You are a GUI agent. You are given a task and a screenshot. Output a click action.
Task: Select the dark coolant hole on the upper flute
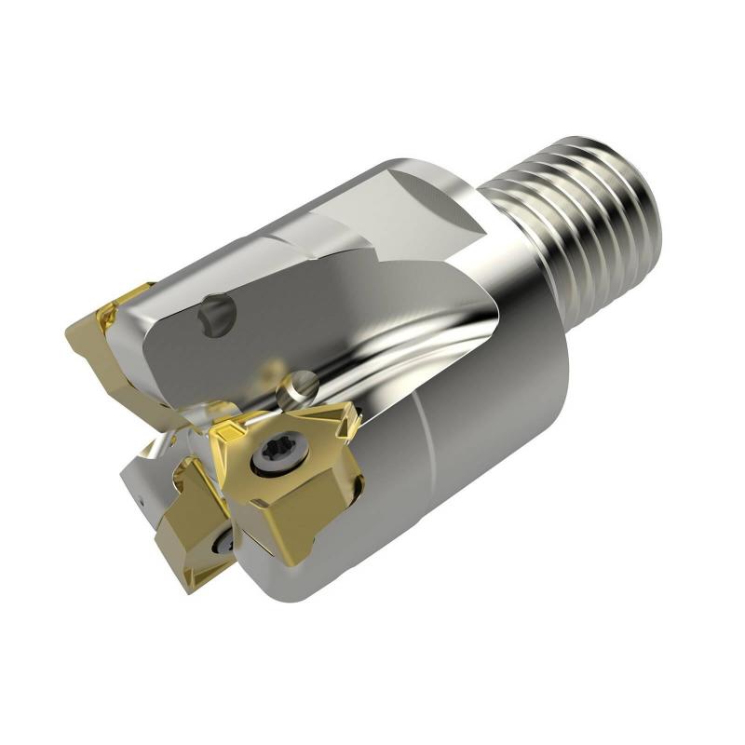click(217, 316)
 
